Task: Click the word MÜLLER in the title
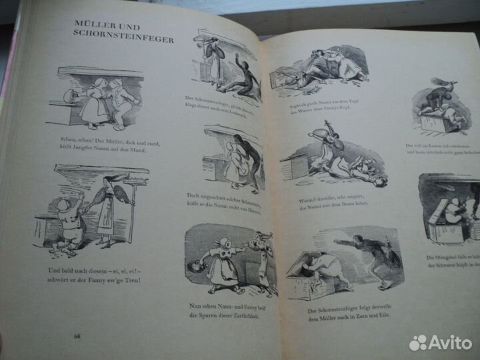click(95, 27)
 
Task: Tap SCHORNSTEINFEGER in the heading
click(124, 39)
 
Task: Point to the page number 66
click(79, 336)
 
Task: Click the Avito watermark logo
click(440, 343)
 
